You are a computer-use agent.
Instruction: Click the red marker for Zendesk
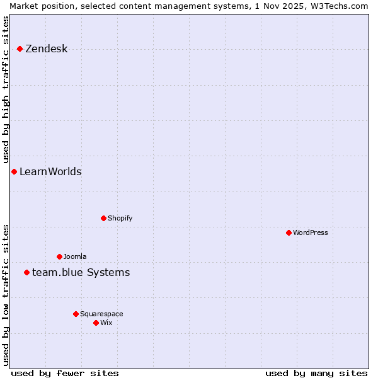(20, 49)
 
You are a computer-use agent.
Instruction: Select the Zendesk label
(46, 49)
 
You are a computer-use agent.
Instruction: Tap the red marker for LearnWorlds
(14, 171)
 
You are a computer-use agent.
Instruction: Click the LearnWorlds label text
(50, 172)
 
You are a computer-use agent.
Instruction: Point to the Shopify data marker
(103, 218)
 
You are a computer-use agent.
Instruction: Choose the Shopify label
(120, 218)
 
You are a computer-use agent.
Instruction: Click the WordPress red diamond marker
(289, 232)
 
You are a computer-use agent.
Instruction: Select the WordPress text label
(310, 232)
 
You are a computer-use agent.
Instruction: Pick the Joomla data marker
(59, 256)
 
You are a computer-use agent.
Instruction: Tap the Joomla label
(75, 256)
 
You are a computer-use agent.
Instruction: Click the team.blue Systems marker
(26, 272)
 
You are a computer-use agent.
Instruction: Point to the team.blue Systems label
(81, 273)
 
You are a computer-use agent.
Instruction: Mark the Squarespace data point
(76, 314)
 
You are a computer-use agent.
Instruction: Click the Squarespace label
(101, 314)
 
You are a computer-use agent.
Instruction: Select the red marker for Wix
(96, 323)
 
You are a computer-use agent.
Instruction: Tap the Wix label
(106, 323)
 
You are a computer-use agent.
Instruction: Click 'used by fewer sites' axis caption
(65, 373)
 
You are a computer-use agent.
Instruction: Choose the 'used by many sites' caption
(316, 373)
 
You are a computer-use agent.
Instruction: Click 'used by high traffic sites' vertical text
(6, 88)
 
